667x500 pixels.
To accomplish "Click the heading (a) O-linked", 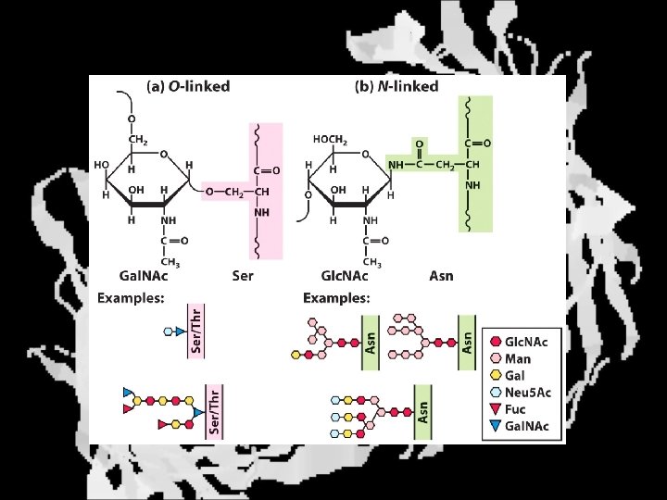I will click(x=188, y=86).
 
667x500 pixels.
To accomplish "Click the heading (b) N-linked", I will click(x=397, y=86).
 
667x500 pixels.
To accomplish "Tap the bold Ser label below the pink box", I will click(x=243, y=276).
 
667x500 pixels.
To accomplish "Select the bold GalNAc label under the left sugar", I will click(x=145, y=276).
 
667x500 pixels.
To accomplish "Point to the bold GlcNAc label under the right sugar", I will click(x=345, y=276).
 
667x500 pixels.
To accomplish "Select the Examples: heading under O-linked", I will click(x=131, y=298).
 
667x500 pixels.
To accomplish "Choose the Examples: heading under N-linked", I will click(x=336, y=298).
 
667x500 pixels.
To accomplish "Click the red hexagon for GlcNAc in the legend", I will click(x=497, y=342).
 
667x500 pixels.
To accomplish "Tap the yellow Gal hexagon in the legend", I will click(x=497, y=375).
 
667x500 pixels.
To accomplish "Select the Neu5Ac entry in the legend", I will click(x=528, y=392).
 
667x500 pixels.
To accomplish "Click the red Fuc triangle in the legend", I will click(x=497, y=408).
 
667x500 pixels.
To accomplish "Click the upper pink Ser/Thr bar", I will click(x=196, y=331).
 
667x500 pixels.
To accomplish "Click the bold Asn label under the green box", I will click(x=442, y=276).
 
